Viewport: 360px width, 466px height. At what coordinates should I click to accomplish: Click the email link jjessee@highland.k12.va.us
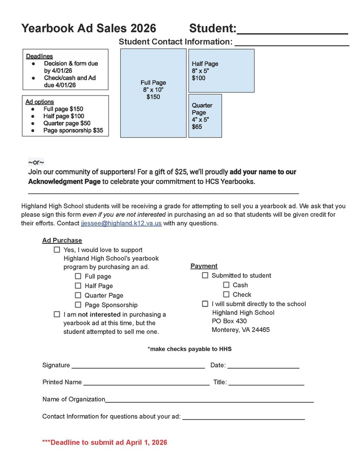(x=121, y=223)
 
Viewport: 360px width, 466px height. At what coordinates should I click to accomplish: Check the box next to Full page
(x=78, y=276)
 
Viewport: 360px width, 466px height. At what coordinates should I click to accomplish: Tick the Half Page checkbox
(x=78, y=286)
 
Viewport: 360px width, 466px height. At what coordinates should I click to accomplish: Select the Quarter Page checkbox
(x=78, y=295)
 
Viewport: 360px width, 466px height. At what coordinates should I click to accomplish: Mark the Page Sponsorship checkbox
(x=78, y=305)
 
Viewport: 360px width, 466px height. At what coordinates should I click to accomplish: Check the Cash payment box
(x=226, y=285)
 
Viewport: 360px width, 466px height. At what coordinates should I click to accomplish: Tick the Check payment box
(x=226, y=294)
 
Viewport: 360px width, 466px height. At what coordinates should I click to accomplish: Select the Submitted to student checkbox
(x=205, y=275)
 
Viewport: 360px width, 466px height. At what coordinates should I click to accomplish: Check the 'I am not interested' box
(x=57, y=314)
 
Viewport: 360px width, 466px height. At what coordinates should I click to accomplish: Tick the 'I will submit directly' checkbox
(x=205, y=304)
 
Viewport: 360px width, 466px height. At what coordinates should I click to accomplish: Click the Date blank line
(x=263, y=365)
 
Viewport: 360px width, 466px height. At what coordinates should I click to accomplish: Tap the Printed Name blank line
(x=146, y=383)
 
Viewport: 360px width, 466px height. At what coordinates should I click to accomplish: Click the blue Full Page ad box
(x=153, y=93)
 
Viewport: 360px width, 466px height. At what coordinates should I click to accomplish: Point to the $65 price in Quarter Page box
(x=197, y=127)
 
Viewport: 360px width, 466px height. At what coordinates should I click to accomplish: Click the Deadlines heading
(x=39, y=56)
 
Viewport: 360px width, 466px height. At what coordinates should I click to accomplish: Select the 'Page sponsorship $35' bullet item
(x=73, y=131)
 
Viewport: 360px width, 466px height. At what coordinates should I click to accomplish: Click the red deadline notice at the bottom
(x=104, y=442)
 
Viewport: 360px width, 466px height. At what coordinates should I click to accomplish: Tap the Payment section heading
(x=204, y=266)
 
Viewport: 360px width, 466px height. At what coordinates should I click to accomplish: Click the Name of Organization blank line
(x=209, y=400)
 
